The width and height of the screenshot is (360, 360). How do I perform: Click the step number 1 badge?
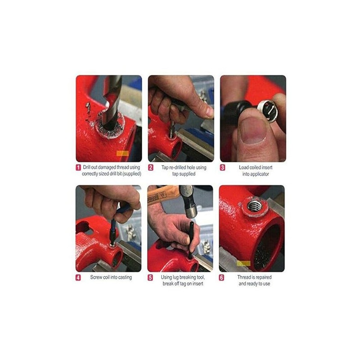coord(78,167)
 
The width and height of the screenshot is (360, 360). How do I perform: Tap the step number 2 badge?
coord(151,167)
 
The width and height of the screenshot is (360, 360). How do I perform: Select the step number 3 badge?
coord(222,167)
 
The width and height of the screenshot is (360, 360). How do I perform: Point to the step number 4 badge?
coord(78,278)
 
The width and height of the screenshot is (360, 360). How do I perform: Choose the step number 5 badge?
coord(151,278)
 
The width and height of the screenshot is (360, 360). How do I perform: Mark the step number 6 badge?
coord(222,278)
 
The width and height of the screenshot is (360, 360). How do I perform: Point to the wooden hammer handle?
coord(162,194)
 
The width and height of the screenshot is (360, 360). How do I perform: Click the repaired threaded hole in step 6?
coord(255,207)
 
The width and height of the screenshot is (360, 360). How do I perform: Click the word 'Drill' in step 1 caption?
coord(88,167)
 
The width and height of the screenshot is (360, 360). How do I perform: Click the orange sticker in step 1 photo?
coord(122,153)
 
